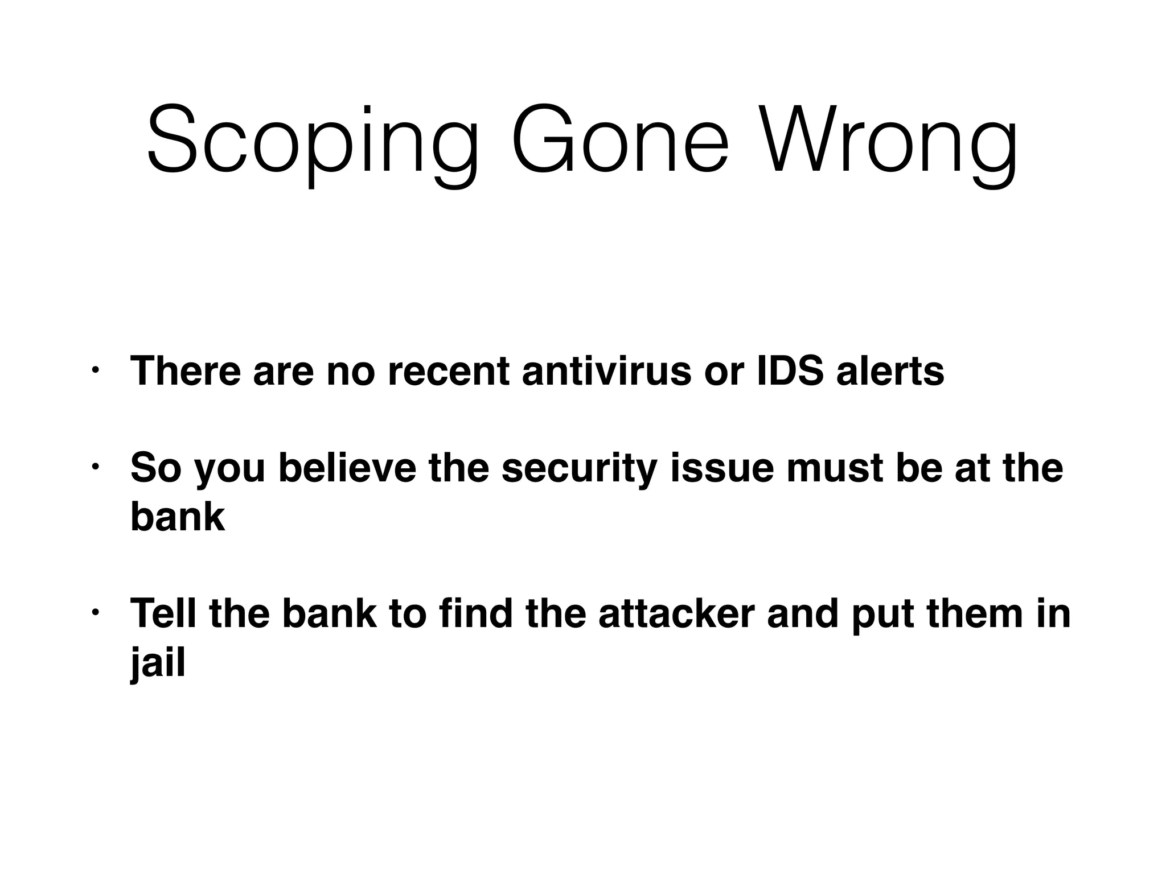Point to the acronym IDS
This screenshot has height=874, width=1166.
(x=790, y=371)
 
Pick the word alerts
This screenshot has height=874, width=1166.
(x=890, y=371)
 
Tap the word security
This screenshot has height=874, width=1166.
(x=580, y=468)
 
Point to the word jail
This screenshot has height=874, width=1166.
(x=158, y=663)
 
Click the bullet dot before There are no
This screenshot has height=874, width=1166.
(x=95, y=371)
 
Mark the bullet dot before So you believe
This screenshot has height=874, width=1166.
(x=95, y=467)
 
